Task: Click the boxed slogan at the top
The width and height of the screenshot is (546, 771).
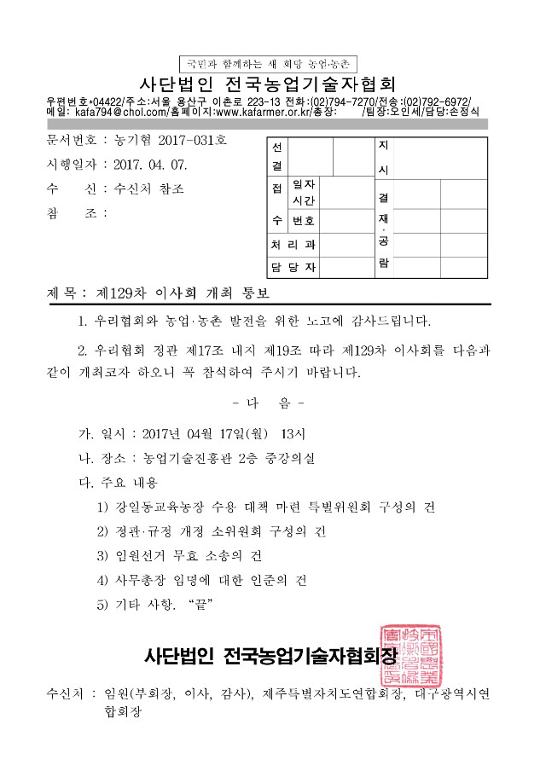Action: point(269,64)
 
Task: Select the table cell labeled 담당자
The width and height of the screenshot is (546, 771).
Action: point(293,268)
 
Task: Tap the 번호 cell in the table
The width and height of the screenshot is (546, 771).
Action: point(303,221)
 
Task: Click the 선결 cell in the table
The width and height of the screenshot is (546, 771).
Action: point(276,155)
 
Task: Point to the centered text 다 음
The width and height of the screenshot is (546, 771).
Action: point(268,402)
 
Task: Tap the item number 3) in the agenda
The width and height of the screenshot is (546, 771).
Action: point(104,555)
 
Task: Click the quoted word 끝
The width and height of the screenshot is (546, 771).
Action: point(203,605)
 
